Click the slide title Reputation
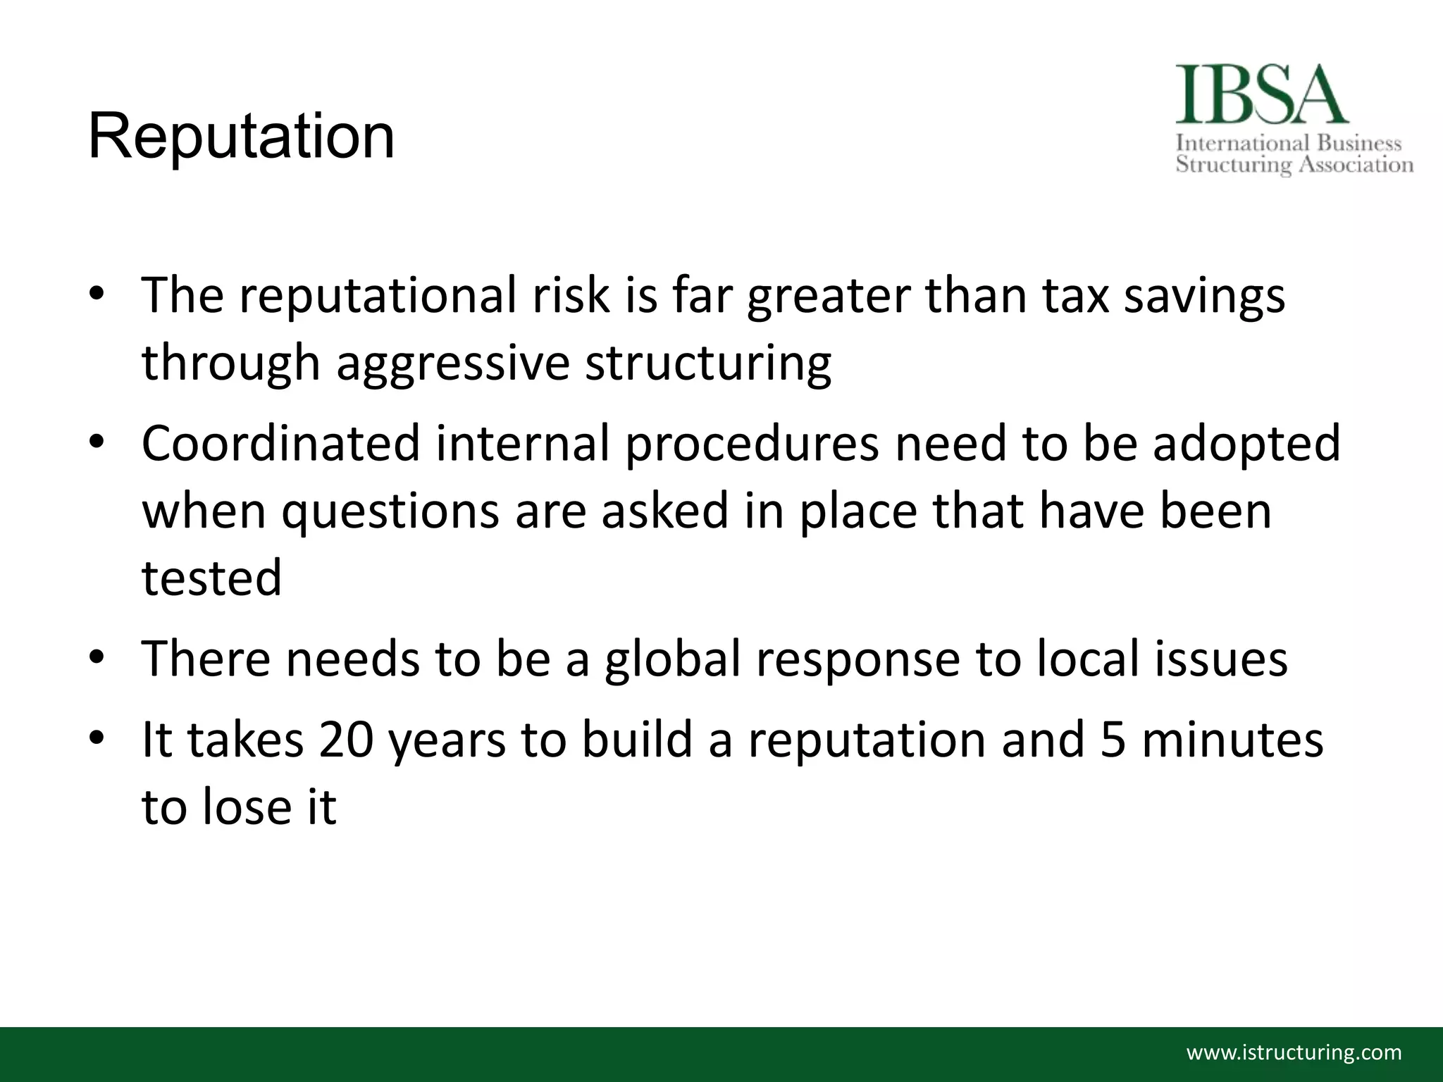tap(241, 137)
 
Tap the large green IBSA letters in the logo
tap(1261, 95)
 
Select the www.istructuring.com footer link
tap(1294, 1053)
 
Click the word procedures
tap(752, 444)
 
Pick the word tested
tap(211, 578)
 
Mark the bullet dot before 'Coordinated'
tap(97, 442)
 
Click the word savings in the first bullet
tap(1204, 296)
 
